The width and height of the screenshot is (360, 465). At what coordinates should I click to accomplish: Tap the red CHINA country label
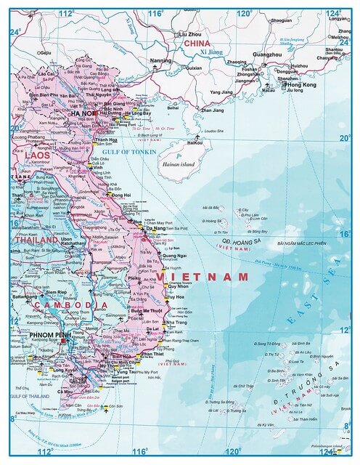coord(196,44)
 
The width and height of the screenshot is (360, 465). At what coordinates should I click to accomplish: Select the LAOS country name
coord(37,155)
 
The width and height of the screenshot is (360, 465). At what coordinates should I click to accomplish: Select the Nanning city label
coord(160,60)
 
